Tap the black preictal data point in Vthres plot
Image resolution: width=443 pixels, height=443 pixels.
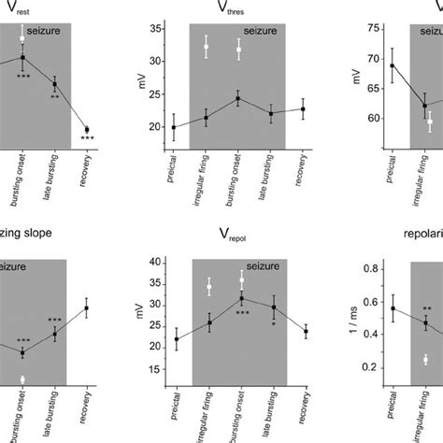pos(174,127)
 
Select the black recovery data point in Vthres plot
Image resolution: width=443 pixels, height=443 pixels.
pos(303,109)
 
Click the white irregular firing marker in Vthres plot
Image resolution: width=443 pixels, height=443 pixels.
pos(207,47)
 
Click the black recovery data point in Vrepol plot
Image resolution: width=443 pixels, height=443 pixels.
pos(306,331)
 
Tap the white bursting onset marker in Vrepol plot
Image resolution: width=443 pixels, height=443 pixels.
pos(241,279)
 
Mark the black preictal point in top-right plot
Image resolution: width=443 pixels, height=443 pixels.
pos(392,65)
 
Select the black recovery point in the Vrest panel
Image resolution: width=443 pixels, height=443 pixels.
pos(87,130)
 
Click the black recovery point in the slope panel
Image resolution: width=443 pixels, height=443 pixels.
pos(87,307)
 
